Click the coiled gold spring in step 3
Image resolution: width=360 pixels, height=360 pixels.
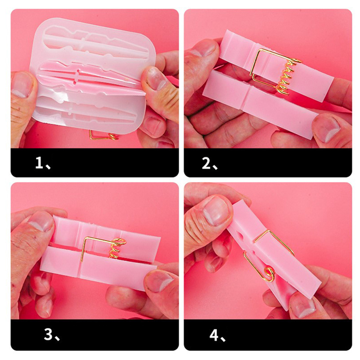(116, 248)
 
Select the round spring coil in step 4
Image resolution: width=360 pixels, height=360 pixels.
(269, 274)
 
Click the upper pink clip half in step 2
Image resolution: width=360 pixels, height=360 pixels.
(275, 65)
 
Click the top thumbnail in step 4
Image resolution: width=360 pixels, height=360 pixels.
(216, 210)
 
